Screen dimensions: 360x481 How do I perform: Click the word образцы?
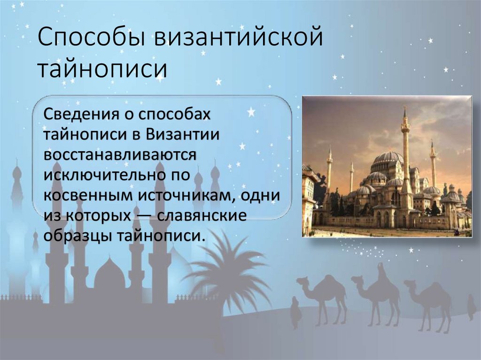[73, 236]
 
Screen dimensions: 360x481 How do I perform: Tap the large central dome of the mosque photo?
[388, 157]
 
